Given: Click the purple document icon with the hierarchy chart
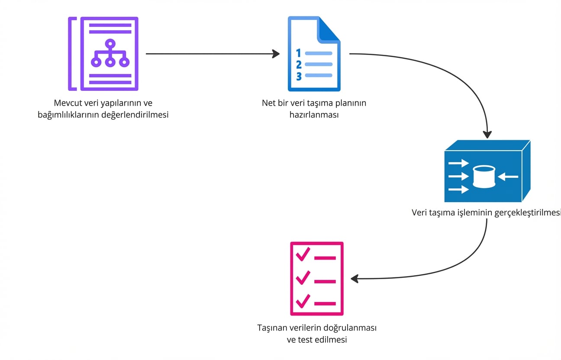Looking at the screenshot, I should click(103, 54).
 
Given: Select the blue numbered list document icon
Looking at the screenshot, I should click(314, 54).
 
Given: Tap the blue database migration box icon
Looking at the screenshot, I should click(487, 171).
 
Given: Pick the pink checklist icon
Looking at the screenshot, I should click(316, 278).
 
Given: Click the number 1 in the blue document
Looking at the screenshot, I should click(298, 53).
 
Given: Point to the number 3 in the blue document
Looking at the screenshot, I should click(299, 76).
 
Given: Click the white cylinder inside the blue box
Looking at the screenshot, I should click(484, 177).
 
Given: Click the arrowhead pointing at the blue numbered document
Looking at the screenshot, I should click(276, 54).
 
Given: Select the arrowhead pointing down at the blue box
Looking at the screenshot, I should click(487, 134).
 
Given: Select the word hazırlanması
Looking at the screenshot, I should click(314, 115).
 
